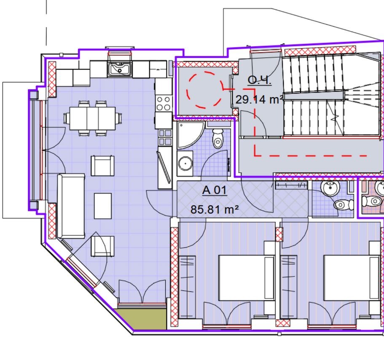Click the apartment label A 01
[x=215, y=190]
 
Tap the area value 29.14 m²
[x=259, y=100]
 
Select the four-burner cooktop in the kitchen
[x=163, y=104]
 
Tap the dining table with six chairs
[x=92, y=118]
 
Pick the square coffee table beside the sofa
[x=102, y=206]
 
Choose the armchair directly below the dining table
[x=102, y=165]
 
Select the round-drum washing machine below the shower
[x=185, y=163]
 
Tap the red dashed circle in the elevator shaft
[x=204, y=89]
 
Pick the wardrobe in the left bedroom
[x=187, y=286]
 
